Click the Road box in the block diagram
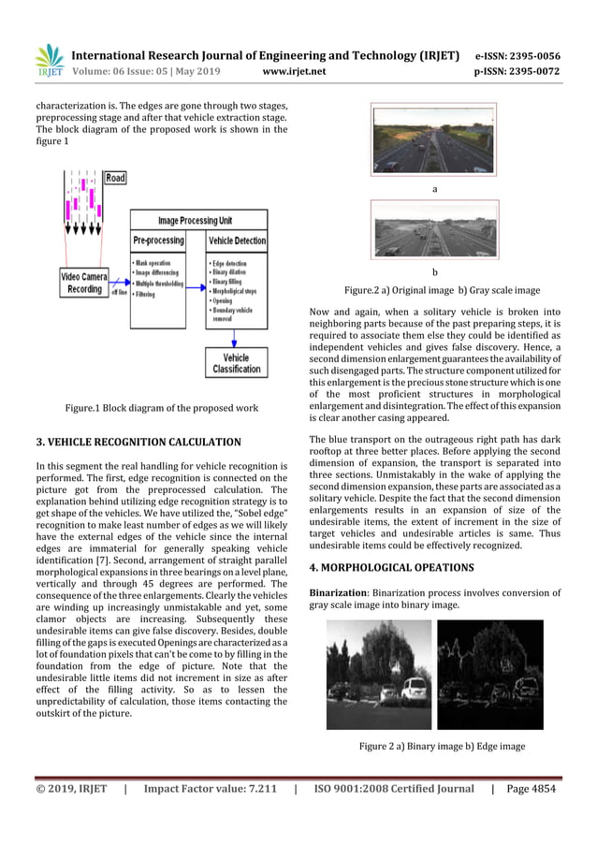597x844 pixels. click(114, 178)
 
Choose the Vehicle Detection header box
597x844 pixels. click(237, 240)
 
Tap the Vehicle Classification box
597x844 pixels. click(236, 364)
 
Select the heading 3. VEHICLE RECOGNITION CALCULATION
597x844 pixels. click(138, 441)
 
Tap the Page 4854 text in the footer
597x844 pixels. click(530, 789)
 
